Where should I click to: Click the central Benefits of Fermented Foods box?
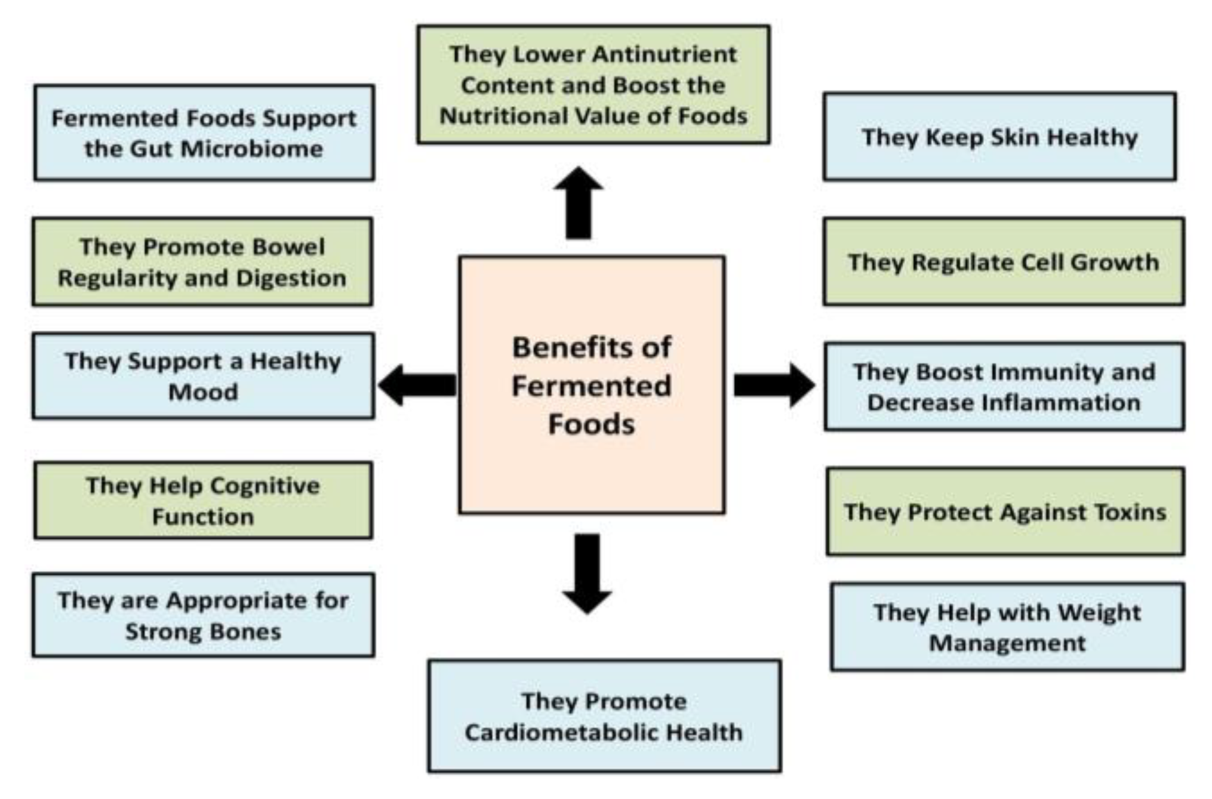(x=592, y=385)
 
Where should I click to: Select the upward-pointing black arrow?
(x=578, y=203)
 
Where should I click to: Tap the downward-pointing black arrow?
(x=587, y=573)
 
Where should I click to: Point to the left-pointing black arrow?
(x=417, y=385)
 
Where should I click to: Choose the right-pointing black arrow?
(x=774, y=385)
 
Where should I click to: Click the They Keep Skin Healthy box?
(x=1000, y=136)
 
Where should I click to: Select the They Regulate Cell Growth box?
(x=1004, y=261)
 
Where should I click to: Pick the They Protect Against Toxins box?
(x=1005, y=511)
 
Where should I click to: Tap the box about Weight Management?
(x=1007, y=627)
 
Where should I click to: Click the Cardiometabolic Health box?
(x=604, y=716)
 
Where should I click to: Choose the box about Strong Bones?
(x=204, y=615)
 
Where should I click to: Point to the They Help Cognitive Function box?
(x=203, y=501)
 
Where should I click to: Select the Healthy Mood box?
(x=204, y=376)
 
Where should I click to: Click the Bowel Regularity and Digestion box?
(x=202, y=262)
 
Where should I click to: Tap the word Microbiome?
(x=252, y=149)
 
